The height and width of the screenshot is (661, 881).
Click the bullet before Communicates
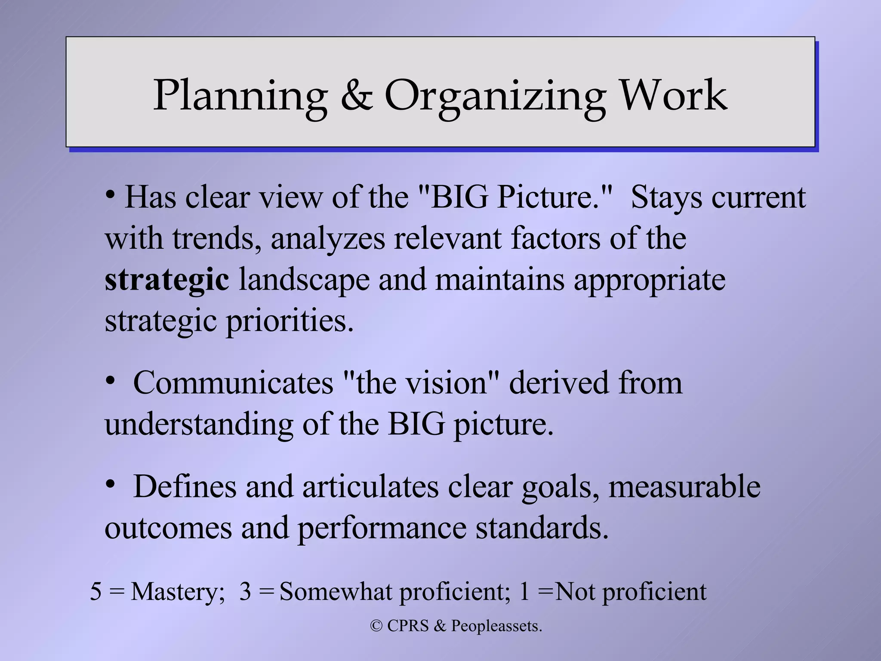coord(111,380)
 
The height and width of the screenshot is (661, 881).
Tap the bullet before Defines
coord(111,485)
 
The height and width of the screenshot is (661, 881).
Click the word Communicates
coord(233,383)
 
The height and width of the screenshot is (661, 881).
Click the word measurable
coord(684,487)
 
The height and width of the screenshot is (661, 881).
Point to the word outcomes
coord(168,528)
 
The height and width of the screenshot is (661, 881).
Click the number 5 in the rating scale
coord(95,592)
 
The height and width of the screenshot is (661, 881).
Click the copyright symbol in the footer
coord(376,626)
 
